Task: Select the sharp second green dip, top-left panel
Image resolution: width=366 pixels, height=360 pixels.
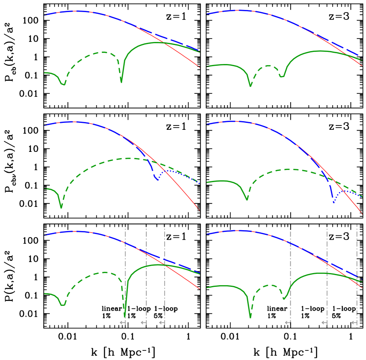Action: (121, 81)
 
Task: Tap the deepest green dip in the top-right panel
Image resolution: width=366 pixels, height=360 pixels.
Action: (250, 86)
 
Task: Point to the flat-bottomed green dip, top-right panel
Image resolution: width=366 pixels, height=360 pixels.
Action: (282, 76)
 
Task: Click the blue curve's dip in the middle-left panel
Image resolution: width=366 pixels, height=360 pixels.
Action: (157, 179)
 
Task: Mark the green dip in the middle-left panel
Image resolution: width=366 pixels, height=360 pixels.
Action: (61, 207)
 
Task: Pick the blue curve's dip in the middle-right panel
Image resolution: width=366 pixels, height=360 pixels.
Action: (333, 201)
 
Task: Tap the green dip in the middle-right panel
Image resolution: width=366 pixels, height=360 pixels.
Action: (247, 199)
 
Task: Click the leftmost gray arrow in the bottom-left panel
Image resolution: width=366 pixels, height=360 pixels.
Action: (123, 322)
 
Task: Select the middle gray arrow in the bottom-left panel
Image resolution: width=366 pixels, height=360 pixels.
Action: (143, 322)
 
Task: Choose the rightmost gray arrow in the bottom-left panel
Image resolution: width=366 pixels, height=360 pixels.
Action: (162, 322)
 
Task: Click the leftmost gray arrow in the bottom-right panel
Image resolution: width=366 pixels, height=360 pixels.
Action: (288, 322)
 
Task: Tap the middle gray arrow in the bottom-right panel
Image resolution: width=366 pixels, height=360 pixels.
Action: (324, 322)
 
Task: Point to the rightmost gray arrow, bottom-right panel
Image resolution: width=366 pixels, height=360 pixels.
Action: (354, 322)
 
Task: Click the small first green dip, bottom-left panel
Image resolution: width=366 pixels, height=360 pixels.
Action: (63, 305)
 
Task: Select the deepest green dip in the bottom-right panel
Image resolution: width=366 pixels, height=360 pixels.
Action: (250, 317)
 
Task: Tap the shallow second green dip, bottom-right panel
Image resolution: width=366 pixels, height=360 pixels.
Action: (284, 298)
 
